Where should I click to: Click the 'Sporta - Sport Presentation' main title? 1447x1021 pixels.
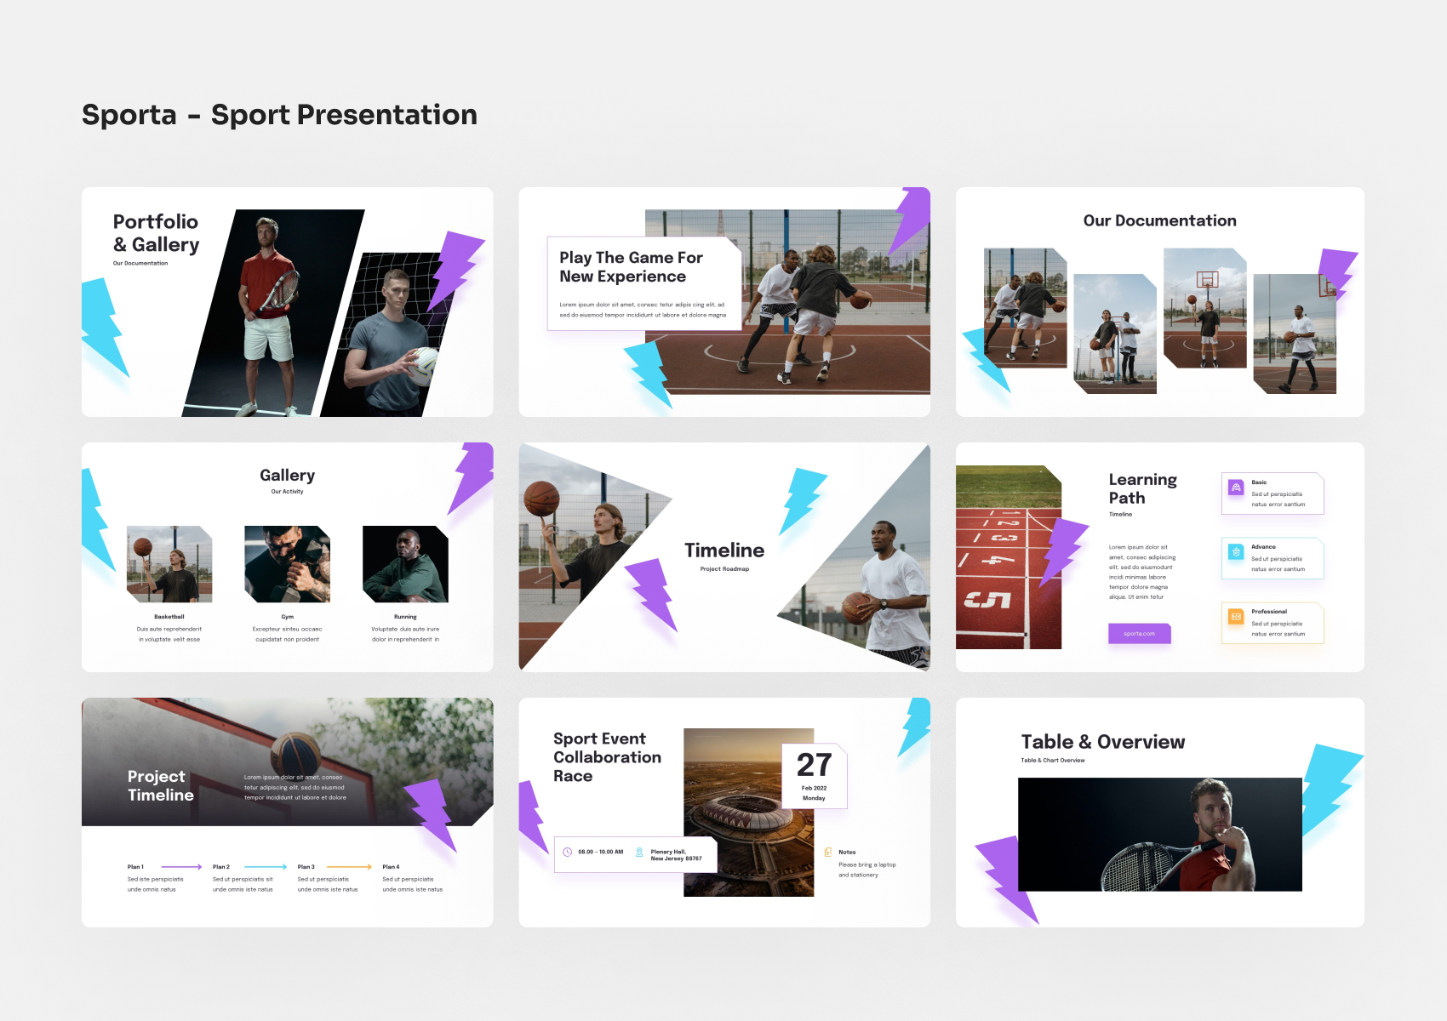(279, 115)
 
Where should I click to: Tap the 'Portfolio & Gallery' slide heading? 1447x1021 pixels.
(156, 233)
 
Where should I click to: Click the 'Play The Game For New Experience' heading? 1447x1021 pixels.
(631, 267)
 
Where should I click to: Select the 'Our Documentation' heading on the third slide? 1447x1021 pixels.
(1159, 221)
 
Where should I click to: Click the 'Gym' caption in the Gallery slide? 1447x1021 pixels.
(288, 617)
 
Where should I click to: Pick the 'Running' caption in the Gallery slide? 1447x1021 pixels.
(405, 617)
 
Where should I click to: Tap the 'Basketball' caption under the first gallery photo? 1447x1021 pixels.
(169, 617)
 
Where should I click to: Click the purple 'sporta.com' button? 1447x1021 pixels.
(1139, 634)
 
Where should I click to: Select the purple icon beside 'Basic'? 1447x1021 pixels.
(1236, 488)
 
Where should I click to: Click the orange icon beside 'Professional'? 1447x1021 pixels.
(1236, 617)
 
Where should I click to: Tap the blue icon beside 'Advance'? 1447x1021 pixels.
(1236, 552)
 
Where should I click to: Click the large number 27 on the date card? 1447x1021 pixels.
(814, 765)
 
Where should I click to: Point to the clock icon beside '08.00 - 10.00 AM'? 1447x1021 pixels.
(568, 852)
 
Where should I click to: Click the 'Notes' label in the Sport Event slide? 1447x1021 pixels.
(847, 852)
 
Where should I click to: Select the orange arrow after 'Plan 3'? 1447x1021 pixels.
(349, 867)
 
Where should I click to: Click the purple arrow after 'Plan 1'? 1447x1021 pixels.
(181, 867)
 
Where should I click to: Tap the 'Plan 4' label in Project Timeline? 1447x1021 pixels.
(391, 867)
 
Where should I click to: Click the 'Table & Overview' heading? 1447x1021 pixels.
(1102, 742)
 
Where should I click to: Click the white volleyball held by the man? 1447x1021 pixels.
(424, 363)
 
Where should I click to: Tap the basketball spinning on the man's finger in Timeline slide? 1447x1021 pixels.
(541, 498)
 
